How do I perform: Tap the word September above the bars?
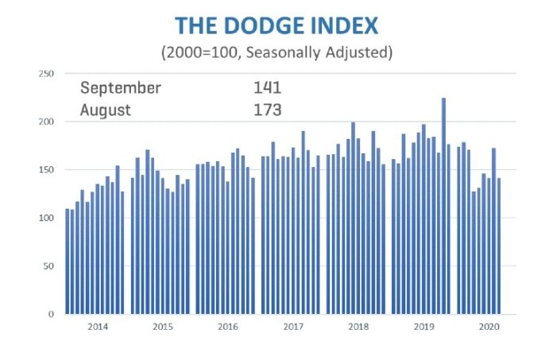(x=120, y=87)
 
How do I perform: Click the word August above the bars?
(x=106, y=110)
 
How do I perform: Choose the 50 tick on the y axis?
(x=48, y=266)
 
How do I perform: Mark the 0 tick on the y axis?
(x=51, y=314)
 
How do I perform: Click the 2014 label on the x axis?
(x=97, y=327)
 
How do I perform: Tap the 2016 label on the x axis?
(x=227, y=327)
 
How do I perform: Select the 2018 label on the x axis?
(x=358, y=327)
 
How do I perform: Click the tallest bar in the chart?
(x=443, y=206)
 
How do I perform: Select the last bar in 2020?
(x=499, y=246)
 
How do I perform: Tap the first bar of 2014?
(x=68, y=261)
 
